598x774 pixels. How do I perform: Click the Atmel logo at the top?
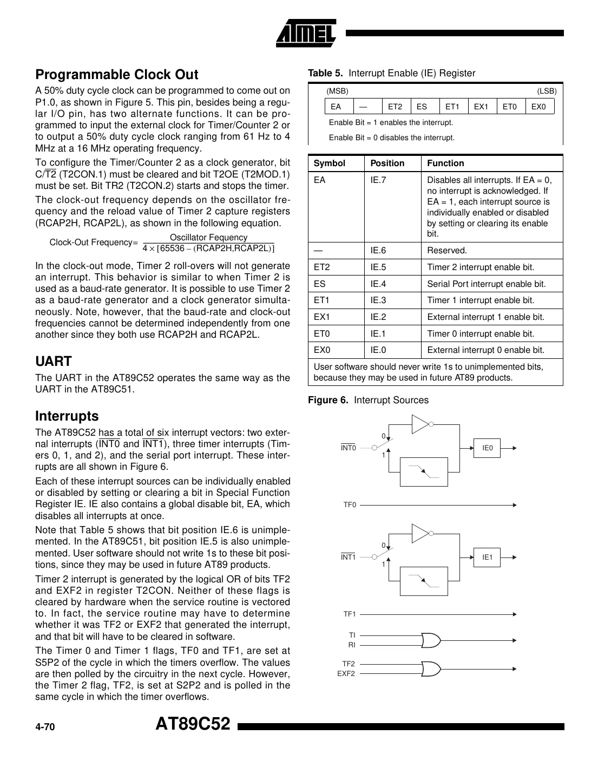[306, 34]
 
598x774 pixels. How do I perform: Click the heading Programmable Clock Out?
[116, 75]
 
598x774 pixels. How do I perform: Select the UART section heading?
[53, 361]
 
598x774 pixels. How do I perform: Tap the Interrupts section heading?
[67, 416]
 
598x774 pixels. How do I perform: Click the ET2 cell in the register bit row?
[395, 107]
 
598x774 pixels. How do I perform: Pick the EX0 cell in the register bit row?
[538, 107]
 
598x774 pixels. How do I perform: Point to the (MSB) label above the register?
[337, 91]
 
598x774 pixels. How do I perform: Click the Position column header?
[387, 163]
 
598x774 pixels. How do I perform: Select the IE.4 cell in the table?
[378, 284]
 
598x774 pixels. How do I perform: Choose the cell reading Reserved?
[446, 251]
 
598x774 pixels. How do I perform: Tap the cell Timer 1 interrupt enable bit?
[480, 300]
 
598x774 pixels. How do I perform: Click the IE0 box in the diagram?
[488, 448]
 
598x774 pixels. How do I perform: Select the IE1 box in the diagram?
[488, 557]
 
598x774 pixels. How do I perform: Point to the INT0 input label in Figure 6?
[349, 448]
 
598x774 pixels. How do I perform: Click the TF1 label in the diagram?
[350, 614]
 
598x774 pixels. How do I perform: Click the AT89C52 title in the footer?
[193, 724]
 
